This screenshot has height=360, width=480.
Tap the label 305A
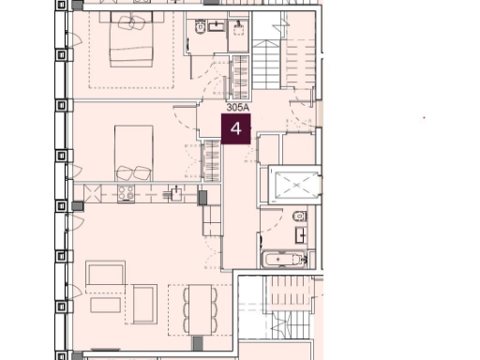238,109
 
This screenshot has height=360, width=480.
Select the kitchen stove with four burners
124,194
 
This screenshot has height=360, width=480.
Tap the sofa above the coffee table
105,274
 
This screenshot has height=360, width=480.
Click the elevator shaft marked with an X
294,186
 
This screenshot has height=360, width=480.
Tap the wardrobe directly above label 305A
240,78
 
